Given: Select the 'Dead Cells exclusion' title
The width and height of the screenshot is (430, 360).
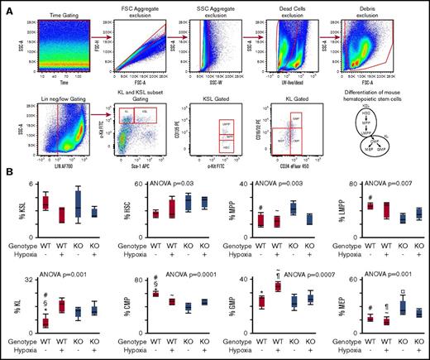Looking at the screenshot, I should (x=294, y=12).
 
